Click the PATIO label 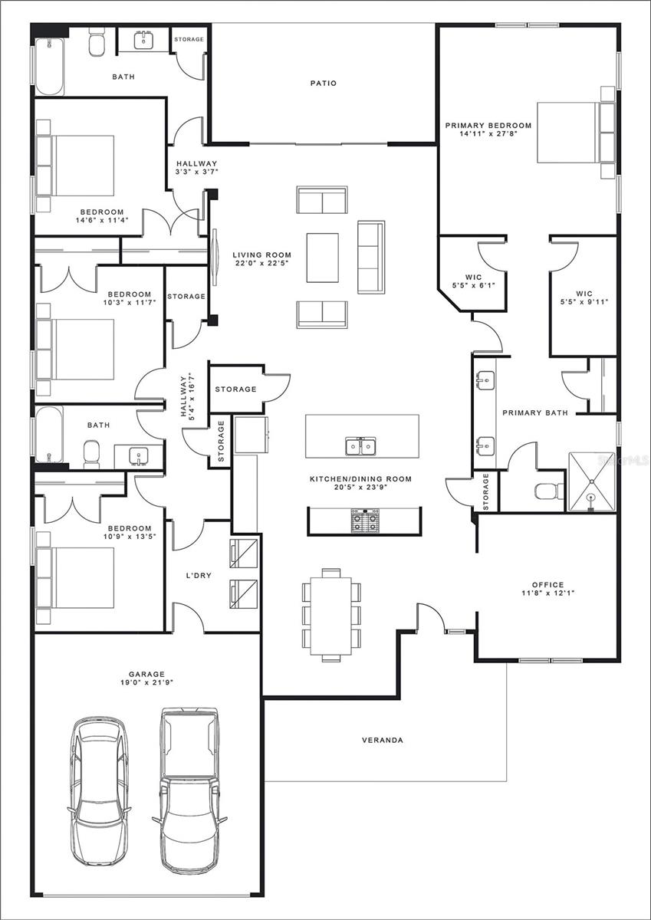click(324, 84)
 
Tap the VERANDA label click(383, 740)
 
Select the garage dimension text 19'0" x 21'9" click(146, 682)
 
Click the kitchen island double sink click(360, 446)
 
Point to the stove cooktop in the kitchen click(365, 521)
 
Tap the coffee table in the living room click(322, 258)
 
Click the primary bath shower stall click(591, 481)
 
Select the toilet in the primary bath click(550, 491)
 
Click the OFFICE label click(548, 584)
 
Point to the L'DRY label click(199, 576)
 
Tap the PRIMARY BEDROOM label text click(488, 125)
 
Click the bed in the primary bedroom click(576, 133)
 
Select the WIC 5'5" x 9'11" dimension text click(584, 302)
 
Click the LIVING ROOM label click(262, 255)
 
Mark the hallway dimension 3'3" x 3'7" click(196, 172)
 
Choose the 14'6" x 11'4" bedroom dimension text click(102, 220)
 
